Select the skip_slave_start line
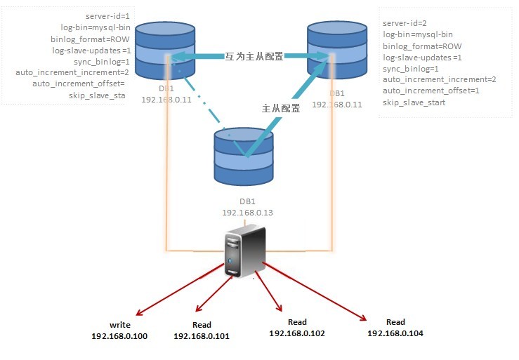pyautogui.click(x=414, y=102)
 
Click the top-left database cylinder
pyautogui.click(x=164, y=53)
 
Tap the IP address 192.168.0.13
pyautogui.click(x=247, y=211)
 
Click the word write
pyautogui.click(x=120, y=326)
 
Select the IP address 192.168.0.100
pyautogui.click(x=120, y=337)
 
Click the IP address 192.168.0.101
pyautogui.click(x=202, y=336)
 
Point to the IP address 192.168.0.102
pyautogui.click(x=297, y=333)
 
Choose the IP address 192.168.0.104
pyautogui.click(x=395, y=333)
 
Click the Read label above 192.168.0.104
pyautogui.click(x=395, y=322)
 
